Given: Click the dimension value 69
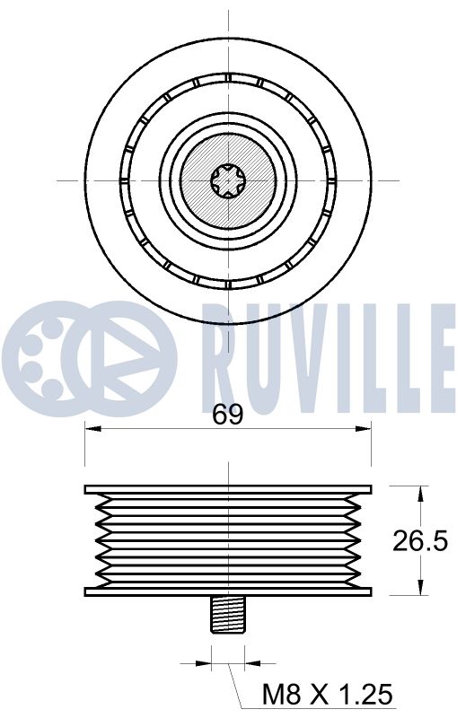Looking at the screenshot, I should pos(228,415).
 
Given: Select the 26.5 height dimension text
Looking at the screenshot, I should pos(420,540).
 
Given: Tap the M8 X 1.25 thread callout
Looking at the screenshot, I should pos(327,693).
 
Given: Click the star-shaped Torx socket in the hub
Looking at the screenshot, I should pos(228,180).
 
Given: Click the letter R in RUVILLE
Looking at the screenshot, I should pos(221,346).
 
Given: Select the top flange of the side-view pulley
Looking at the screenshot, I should pos(228,489).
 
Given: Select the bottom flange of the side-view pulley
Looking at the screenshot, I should pos(228,591).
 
